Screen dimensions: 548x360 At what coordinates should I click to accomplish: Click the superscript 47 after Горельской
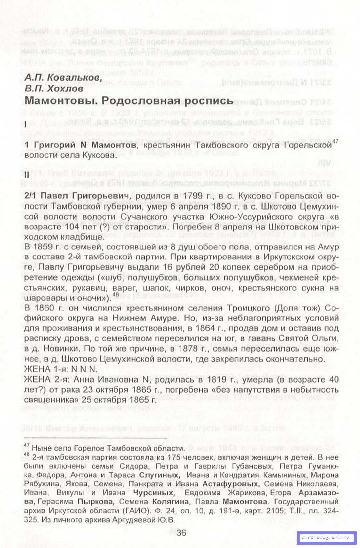(335, 141)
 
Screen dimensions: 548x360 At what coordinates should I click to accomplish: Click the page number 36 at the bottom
(181, 533)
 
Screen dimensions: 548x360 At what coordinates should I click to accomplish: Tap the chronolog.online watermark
(325, 537)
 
